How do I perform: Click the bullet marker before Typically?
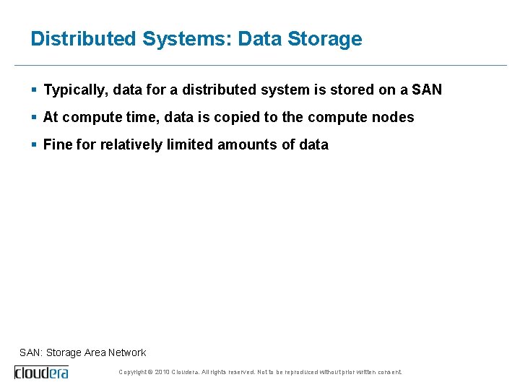(x=34, y=90)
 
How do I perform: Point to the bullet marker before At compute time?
(x=34, y=117)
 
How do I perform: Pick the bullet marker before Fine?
(x=34, y=144)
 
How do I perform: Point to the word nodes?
(x=394, y=117)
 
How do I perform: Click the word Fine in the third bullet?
(x=58, y=144)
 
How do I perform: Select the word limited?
(x=190, y=144)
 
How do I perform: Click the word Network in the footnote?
(x=127, y=352)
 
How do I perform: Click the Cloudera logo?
(x=42, y=372)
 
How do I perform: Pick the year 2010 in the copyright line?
(x=162, y=372)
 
